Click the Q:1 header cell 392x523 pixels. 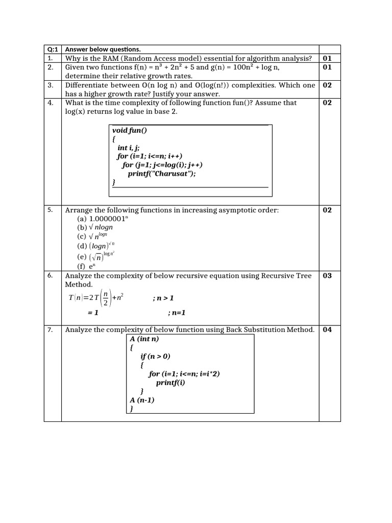pyautogui.click(x=53, y=50)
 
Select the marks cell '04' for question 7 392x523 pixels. pyautogui.click(x=327, y=330)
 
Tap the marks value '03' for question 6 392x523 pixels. pyautogui.click(x=327, y=276)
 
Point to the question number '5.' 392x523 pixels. pyautogui.click(x=51, y=210)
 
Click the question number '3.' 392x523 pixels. pyautogui.click(x=51, y=85)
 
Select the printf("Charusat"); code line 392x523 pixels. pyautogui.click(x=161, y=173)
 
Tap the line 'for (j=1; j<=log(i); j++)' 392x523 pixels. pyautogui.click(x=162, y=164)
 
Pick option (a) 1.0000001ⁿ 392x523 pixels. pyautogui.click(x=99, y=219)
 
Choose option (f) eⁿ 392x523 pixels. pyautogui.click(x=87, y=266)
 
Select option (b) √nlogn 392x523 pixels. pyautogui.click(x=95, y=227)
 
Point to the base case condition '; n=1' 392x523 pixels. pyautogui.click(x=177, y=313)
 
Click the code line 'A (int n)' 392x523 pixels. pyautogui.click(x=144, y=339)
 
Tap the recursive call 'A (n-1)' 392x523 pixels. pyautogui.click(x=142, y=400)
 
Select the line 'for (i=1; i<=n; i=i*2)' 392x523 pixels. pyautogui.click(x=184, y=374)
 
